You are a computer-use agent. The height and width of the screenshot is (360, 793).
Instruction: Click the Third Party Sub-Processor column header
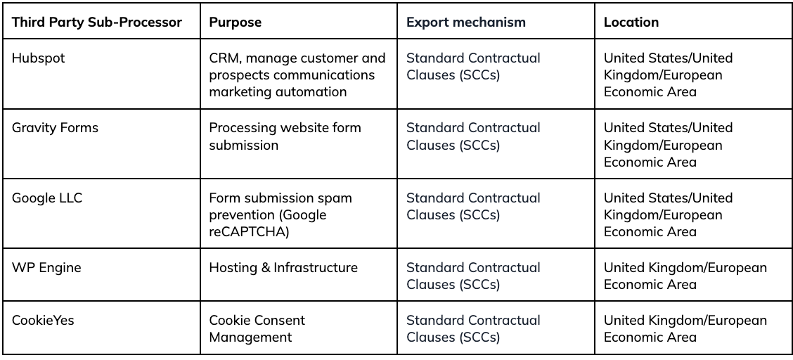click(x=96, y=22)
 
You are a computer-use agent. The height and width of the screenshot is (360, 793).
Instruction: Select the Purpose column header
click(x=236, y=22)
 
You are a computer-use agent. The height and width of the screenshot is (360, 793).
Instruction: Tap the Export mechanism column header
click(x=466, y=22)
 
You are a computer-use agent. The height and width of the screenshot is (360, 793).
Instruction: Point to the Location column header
click(x=631, y=22)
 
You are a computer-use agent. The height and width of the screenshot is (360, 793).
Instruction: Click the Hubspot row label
click(x=39, y=58)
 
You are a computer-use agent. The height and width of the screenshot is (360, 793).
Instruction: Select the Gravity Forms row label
click(x=55, y=128)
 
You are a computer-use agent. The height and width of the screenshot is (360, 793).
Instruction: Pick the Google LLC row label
click(x=46, y=198)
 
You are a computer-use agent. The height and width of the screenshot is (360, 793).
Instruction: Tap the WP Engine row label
click(x=46, y=267)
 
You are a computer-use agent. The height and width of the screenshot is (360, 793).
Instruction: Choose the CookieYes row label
click(x=42, y=320)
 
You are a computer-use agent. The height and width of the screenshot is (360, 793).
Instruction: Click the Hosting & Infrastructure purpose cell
click(x=283, y=267)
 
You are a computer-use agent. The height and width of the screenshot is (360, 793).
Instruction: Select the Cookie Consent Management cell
click(x=257, y=328)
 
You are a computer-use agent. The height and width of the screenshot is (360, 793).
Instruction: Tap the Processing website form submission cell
click(x=285, y=136)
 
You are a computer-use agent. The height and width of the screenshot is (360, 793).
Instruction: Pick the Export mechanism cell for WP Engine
click(x=473, y=276)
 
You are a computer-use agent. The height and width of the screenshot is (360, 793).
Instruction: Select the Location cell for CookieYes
click(x=685, y=328)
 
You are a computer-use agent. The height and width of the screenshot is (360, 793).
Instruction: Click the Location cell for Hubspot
click(x=668, y=75)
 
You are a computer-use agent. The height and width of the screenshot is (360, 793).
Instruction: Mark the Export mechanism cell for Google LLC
click(x=473, y=206)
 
